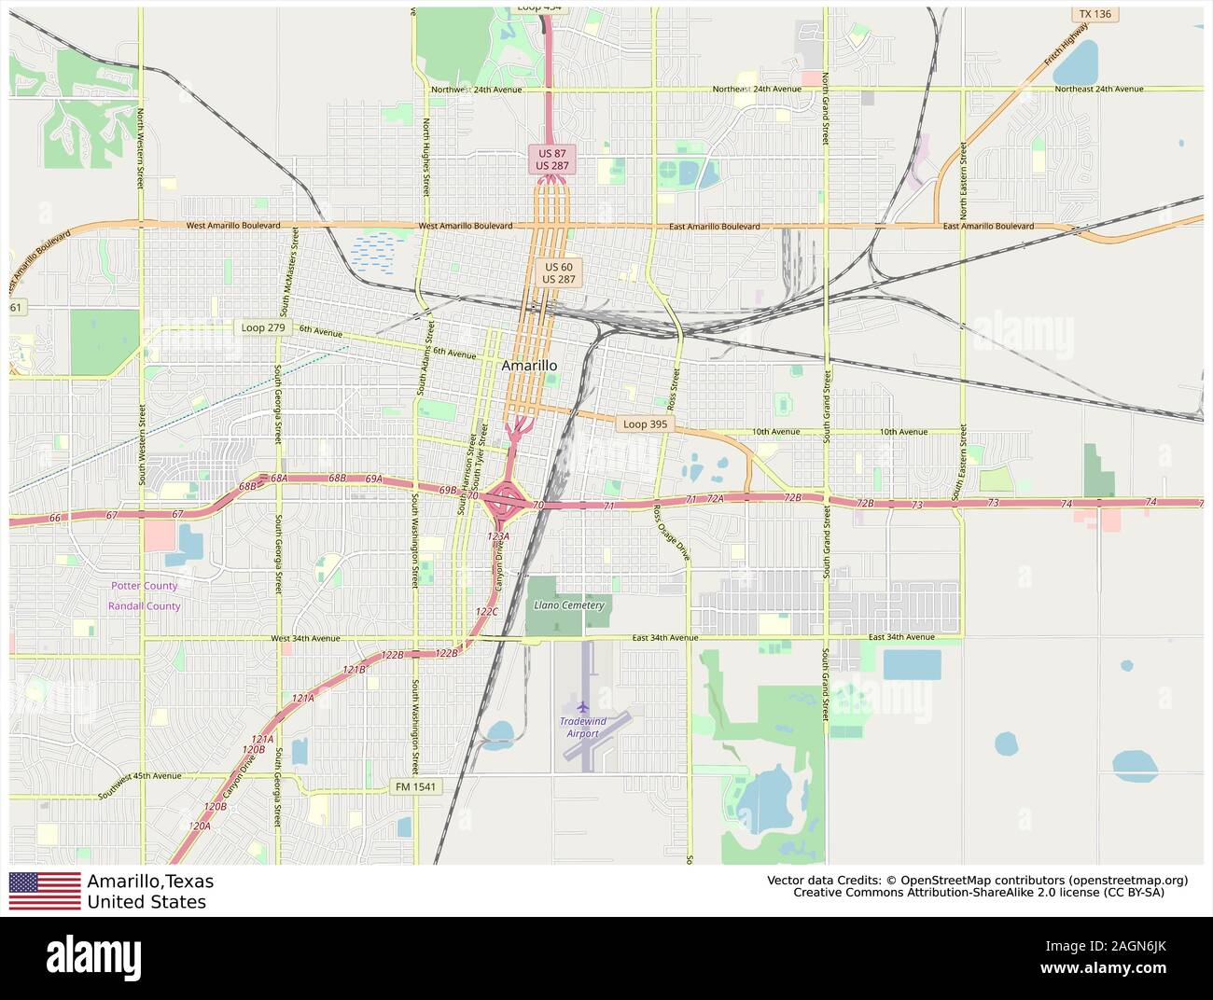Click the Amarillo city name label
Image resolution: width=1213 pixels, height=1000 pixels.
(x=529, y=366)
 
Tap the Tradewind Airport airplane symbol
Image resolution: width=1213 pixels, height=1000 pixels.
(x=583, y=706)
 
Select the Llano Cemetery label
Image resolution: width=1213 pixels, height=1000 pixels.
(x=569, y=605)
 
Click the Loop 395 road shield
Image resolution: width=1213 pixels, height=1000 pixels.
(x=645, y=424)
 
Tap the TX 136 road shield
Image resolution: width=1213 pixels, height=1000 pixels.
(x=1094, y=14)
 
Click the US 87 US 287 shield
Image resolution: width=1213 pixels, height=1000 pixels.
(x=551, y=159)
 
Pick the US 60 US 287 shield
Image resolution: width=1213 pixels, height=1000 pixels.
(x=559, y=272)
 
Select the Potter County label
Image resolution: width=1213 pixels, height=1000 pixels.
(x=144, y=586)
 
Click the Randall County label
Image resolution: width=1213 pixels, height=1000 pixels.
(x=144, y=606)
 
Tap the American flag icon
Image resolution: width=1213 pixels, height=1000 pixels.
(x=45, y=891)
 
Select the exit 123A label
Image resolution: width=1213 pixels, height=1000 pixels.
(x=498, y=536)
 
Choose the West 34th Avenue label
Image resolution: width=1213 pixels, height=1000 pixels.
(x=306, y=639)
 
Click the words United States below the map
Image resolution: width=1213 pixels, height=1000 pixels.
(x=146, y=902)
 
